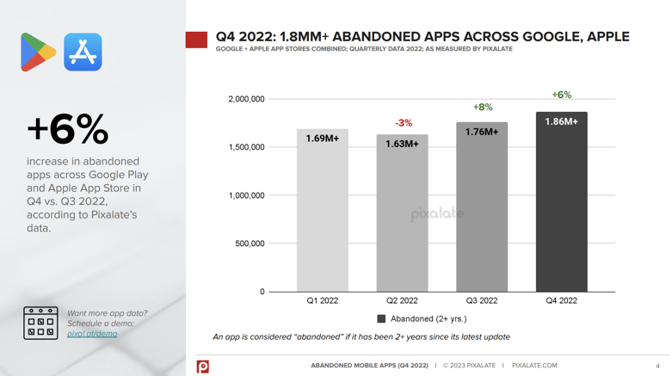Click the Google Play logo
point(37,52)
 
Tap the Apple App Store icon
point(83,52)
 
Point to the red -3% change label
point(404,123)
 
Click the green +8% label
point(483,108)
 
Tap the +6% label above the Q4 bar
point(561,96)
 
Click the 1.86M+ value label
point(561,122)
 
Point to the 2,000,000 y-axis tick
point(246,100)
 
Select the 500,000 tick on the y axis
point(250,244)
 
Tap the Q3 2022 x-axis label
point(482,301)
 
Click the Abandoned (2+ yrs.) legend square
point(381,318)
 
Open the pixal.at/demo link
point(92,334)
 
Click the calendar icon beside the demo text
point(40,324)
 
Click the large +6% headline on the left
point(68,130)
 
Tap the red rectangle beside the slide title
point(196,40)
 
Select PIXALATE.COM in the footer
point(534,366)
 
